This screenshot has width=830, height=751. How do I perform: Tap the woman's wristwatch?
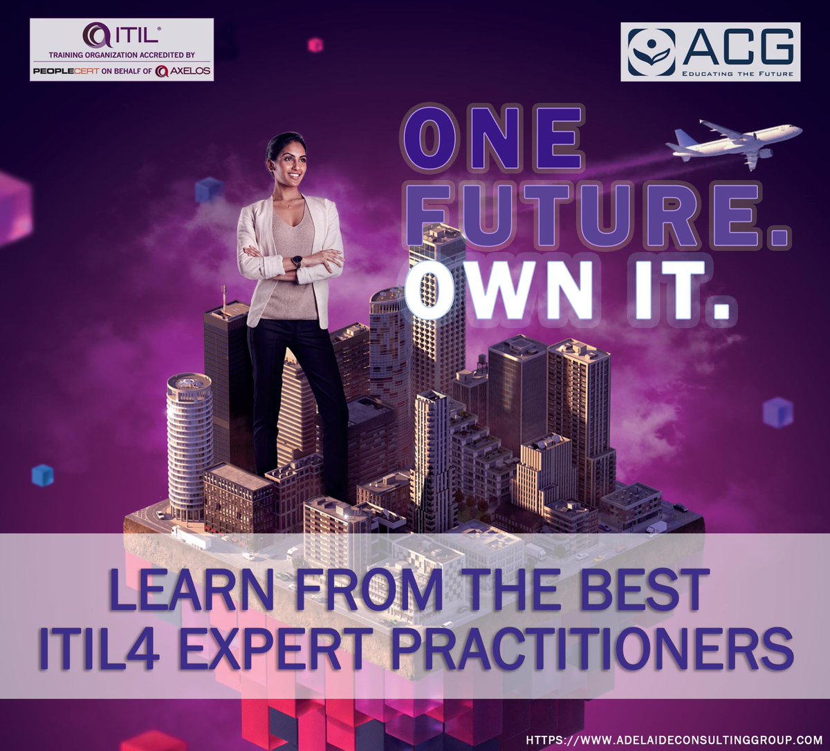click(x=297, y=262)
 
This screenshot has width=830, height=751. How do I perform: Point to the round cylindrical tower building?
click(x=189, y=442)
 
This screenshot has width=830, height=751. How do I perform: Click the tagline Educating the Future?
click(x=737, y=73)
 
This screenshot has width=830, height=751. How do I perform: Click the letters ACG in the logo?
click(x=739, y=47)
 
